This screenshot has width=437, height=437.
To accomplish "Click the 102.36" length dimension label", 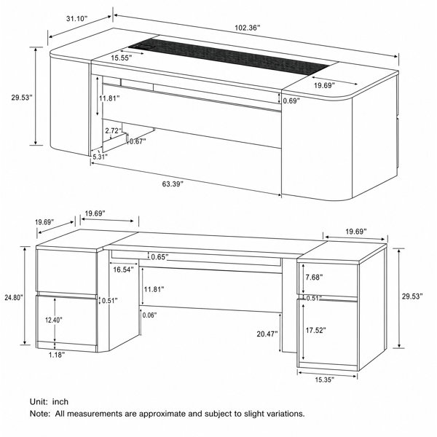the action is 247,28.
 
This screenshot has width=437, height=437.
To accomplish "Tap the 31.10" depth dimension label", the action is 77,19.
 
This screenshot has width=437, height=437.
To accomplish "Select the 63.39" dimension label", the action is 173,184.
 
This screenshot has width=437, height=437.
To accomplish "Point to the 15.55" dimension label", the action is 122,58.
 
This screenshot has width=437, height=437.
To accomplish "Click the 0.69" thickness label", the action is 291,101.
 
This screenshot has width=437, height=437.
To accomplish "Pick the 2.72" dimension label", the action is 114,130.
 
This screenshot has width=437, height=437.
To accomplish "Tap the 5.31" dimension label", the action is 100,157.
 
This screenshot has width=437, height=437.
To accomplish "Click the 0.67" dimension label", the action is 138,141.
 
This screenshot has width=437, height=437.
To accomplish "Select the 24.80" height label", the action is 14,298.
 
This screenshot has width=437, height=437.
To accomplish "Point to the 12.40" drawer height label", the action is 54,320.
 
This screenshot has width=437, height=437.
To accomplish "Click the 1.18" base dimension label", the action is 57,355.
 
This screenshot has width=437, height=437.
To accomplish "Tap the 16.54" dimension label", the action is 124,269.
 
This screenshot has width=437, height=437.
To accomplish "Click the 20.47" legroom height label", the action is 267,334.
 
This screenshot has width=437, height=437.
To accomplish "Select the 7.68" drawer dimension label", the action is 314,277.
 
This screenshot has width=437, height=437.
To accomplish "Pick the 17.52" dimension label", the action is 316,330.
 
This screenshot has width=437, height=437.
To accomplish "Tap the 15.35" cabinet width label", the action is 325,379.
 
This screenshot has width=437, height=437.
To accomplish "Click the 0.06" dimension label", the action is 149,315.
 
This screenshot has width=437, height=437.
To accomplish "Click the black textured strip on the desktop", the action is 229,57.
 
